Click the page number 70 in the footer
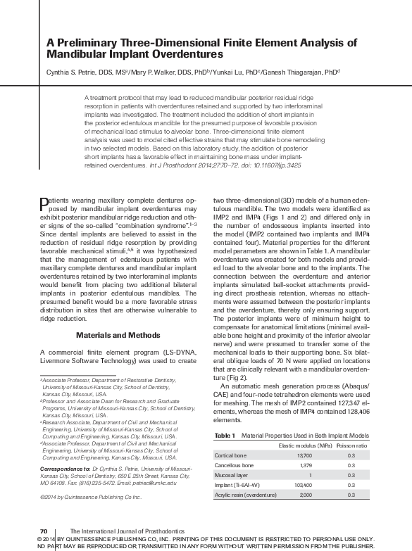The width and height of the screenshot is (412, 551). (x=43, y=528)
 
